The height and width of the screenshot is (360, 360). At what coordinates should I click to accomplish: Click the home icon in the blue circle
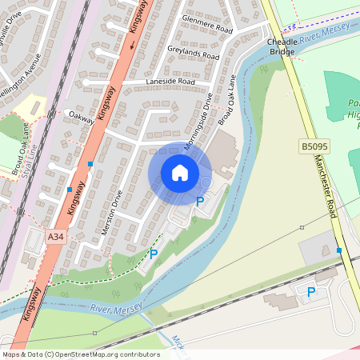coord(180,173)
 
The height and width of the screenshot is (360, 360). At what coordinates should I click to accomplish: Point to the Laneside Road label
coord(170,82)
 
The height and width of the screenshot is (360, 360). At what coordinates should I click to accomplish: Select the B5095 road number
coord(314,146)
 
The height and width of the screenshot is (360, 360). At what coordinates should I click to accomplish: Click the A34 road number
coord(55,237)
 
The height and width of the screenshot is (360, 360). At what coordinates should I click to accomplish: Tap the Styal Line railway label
coord(31,153)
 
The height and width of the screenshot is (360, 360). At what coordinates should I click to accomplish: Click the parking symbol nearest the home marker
coord(200,202)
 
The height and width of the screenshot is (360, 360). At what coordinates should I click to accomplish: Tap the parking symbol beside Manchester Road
coord(311,292)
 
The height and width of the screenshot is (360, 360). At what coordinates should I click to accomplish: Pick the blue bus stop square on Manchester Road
coord(340,250)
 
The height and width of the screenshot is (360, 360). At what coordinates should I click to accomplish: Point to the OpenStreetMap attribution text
coord(81,354)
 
